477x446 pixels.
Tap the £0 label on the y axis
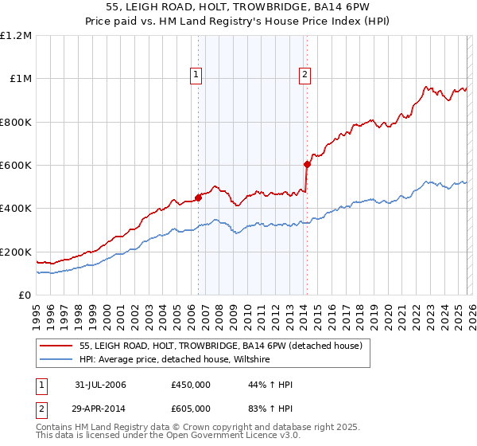pos(25,295)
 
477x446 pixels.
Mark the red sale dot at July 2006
pos(198,198)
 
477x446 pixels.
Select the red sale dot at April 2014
pos(307,164)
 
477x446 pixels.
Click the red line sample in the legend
pos(56,346)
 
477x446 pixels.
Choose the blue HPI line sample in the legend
pos(56,360)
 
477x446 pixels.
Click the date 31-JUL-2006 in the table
pos(100,385)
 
